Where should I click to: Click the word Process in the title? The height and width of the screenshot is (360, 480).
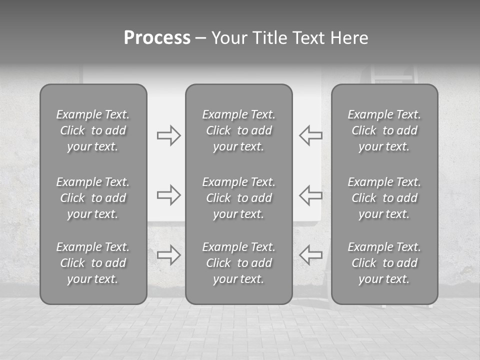[x=157, y=38]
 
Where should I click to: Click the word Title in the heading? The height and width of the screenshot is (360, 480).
[x=269, y=38]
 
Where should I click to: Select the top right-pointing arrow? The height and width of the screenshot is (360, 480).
[x=168, y=135]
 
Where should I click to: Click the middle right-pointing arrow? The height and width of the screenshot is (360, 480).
[x=168, y=194]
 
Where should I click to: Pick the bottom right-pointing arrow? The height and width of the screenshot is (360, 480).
[x=168, y=254]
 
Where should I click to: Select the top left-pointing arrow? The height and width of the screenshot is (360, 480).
[x=311, y=135]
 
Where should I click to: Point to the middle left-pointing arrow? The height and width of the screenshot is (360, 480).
[x=311, y=194]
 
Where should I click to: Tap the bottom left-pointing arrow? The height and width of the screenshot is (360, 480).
[x=311, y=254]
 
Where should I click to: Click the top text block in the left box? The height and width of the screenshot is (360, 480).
[x=93, y=130]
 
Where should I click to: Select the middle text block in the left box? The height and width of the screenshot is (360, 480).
[x=93, y=198]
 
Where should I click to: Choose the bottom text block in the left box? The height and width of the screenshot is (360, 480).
[x=93, y=263]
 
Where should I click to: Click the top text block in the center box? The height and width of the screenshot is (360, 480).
[x=238, y=130]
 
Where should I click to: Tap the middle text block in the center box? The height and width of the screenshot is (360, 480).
[x=238, y=198]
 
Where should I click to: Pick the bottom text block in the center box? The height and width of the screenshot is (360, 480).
[x=238, y=263]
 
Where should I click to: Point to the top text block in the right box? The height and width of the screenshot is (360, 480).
[x=384, y=130]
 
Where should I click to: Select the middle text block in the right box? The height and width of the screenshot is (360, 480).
[x=384, y=198]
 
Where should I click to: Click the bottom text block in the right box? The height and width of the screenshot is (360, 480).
[x=384, y=263]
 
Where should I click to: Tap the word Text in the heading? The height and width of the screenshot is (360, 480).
[x=305, y=38]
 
